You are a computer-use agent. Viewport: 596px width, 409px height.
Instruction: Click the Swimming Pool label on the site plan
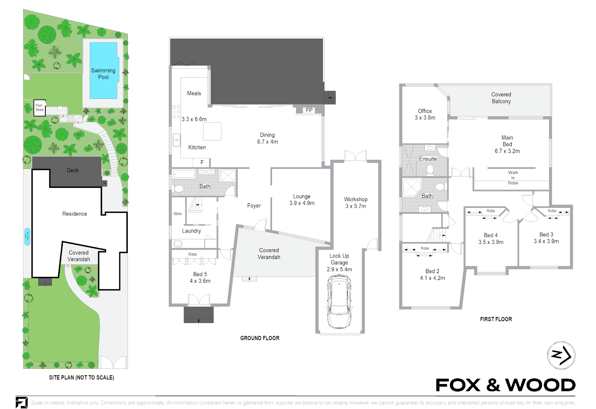point(103,73)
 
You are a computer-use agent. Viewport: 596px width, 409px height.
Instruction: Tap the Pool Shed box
point(39,108)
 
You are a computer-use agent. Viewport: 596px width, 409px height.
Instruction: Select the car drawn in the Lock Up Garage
point(339,302)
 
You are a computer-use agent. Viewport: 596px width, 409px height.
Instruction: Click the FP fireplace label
point(309,110)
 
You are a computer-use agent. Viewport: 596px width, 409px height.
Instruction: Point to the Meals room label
point(194,93)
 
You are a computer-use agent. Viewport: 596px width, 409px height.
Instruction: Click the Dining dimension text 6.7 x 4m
point(267,142)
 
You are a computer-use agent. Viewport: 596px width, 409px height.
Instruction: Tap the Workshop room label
point(355,199)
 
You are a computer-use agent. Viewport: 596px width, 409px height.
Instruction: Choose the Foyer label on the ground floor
point(254,206)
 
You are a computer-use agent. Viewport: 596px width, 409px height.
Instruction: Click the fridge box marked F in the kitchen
point(202,162)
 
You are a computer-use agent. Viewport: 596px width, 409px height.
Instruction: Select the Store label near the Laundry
point(177,214)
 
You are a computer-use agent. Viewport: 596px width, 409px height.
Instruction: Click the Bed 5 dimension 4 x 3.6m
point(200,281)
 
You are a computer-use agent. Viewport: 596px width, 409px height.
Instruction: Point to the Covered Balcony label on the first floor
point(501,98)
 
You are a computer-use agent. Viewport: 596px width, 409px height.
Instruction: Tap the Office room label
point(425,111)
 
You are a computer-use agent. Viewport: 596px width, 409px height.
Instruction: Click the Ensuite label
point(428,159)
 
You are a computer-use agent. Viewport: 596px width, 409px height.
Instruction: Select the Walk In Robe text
point(513,178)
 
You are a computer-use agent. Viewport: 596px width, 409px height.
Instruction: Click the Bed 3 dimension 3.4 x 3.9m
point(546,241)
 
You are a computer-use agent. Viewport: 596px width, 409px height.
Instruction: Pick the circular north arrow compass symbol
point(561,355)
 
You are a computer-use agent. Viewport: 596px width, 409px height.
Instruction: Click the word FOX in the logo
point(458,385)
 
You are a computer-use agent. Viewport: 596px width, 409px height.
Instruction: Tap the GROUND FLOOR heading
point(260,338)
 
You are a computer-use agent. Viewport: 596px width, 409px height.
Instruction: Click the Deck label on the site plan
point(73,170)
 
